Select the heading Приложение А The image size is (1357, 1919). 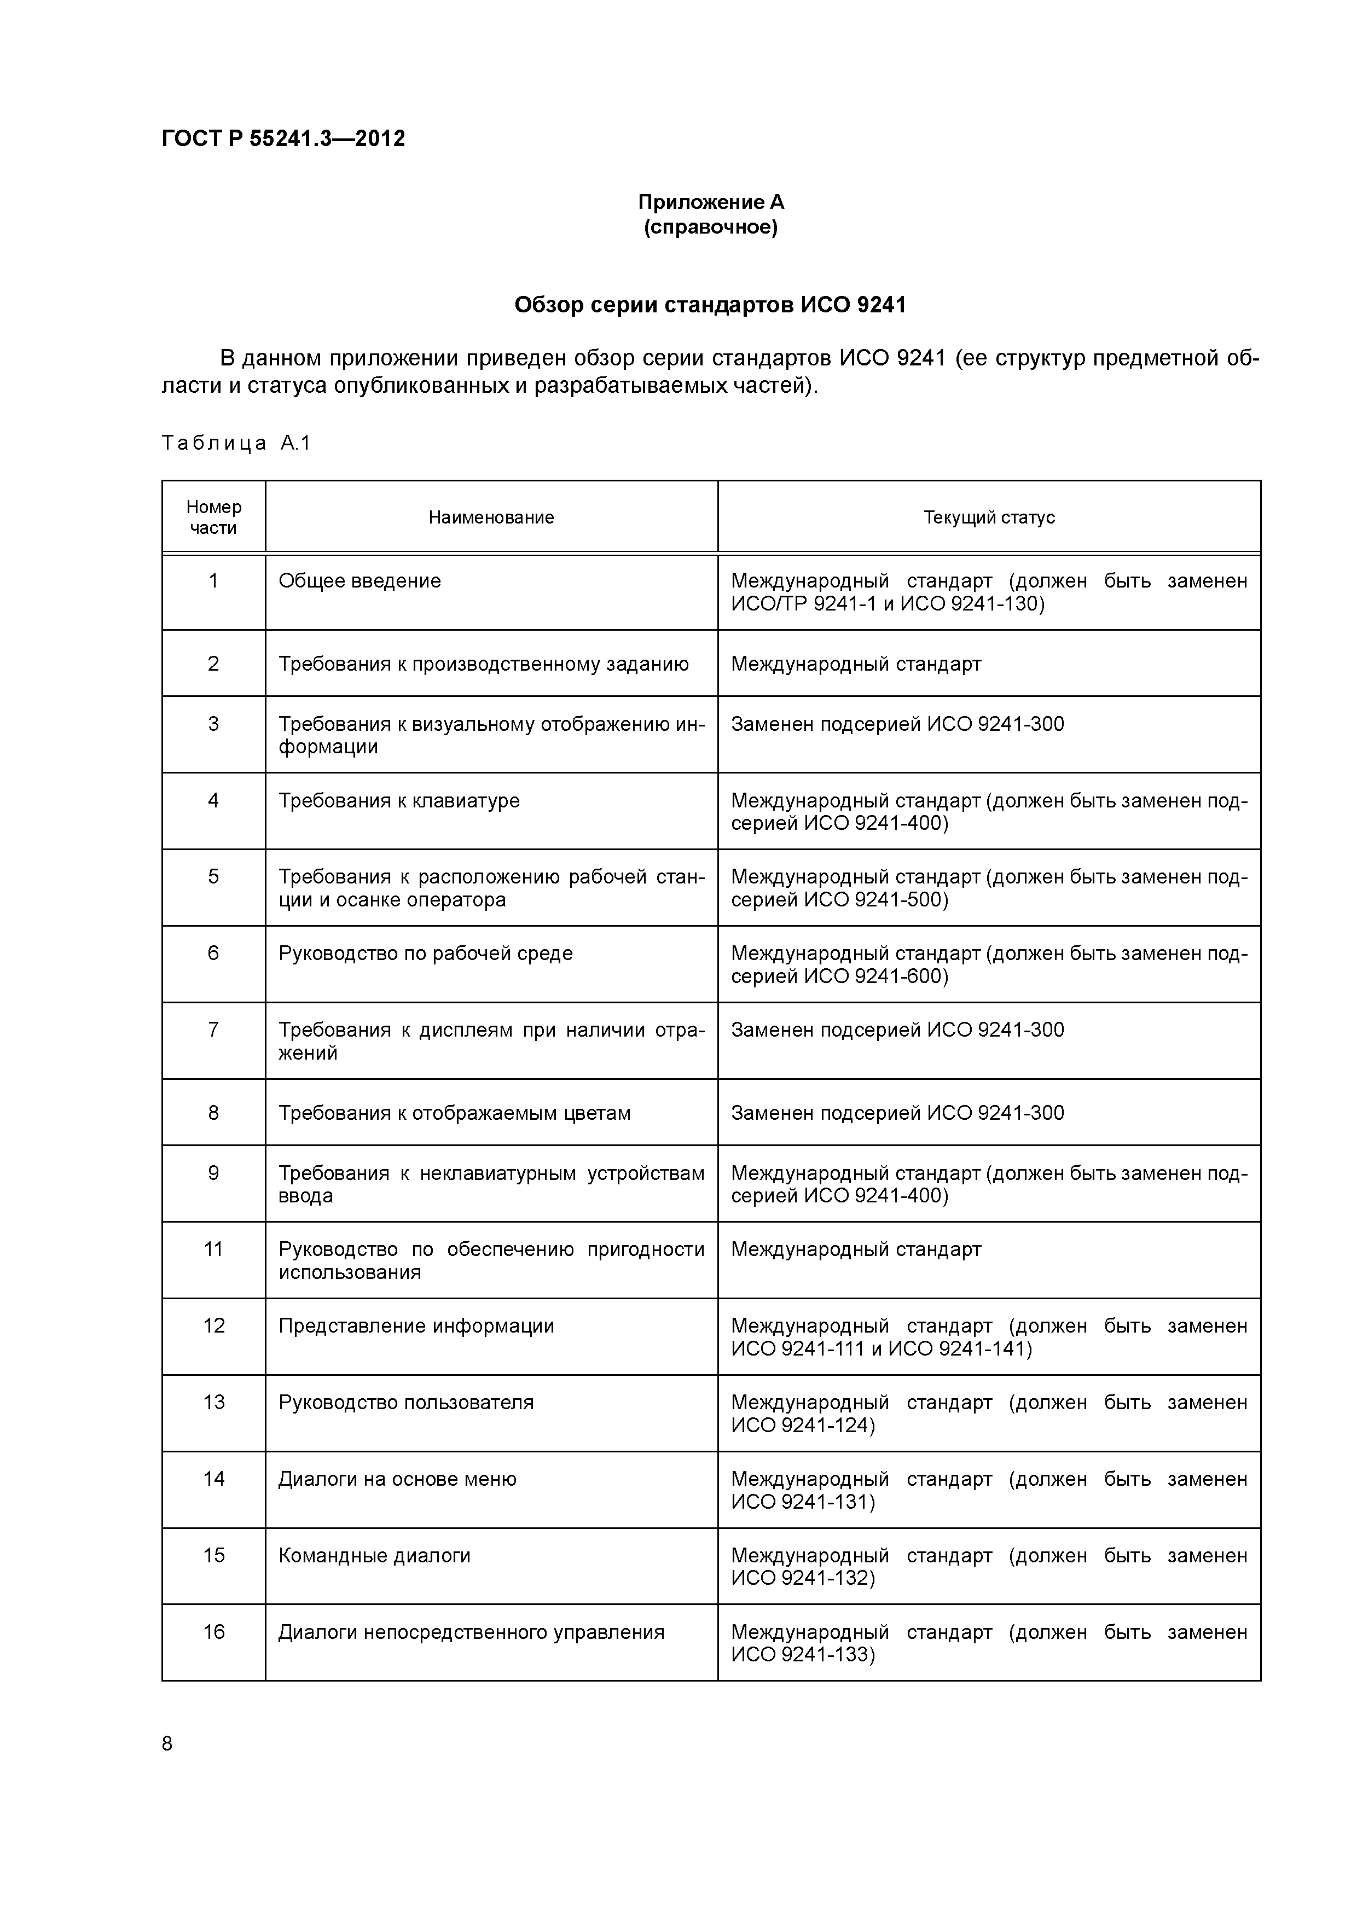pyautogui.click(x=711, y=202)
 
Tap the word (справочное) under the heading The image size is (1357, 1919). pyautogui.click(x=711, y=228)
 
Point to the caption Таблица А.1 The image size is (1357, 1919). pyautogui.click(x=236, y=443)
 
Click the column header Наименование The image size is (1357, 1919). pyautogui.click(x=491, y=517)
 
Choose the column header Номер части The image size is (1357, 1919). pyautogui.click(x=213, y=517)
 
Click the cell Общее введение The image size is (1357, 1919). pyautogui.click(x=359, y=581)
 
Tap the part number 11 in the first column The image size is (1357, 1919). pyautogui.click(x=213, y=1249)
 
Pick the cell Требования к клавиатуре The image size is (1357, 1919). pyautogui.click(x=399, y=801)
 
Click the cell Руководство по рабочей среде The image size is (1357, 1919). pyautogui.click(x=426, y=953)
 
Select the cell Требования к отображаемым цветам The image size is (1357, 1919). pyautogui.click(x=454, y=1113)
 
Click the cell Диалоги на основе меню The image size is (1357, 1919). pyautogui.click(x=397, y=1479)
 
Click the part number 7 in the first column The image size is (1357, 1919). pyautogui.click(x=213, y=1030)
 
